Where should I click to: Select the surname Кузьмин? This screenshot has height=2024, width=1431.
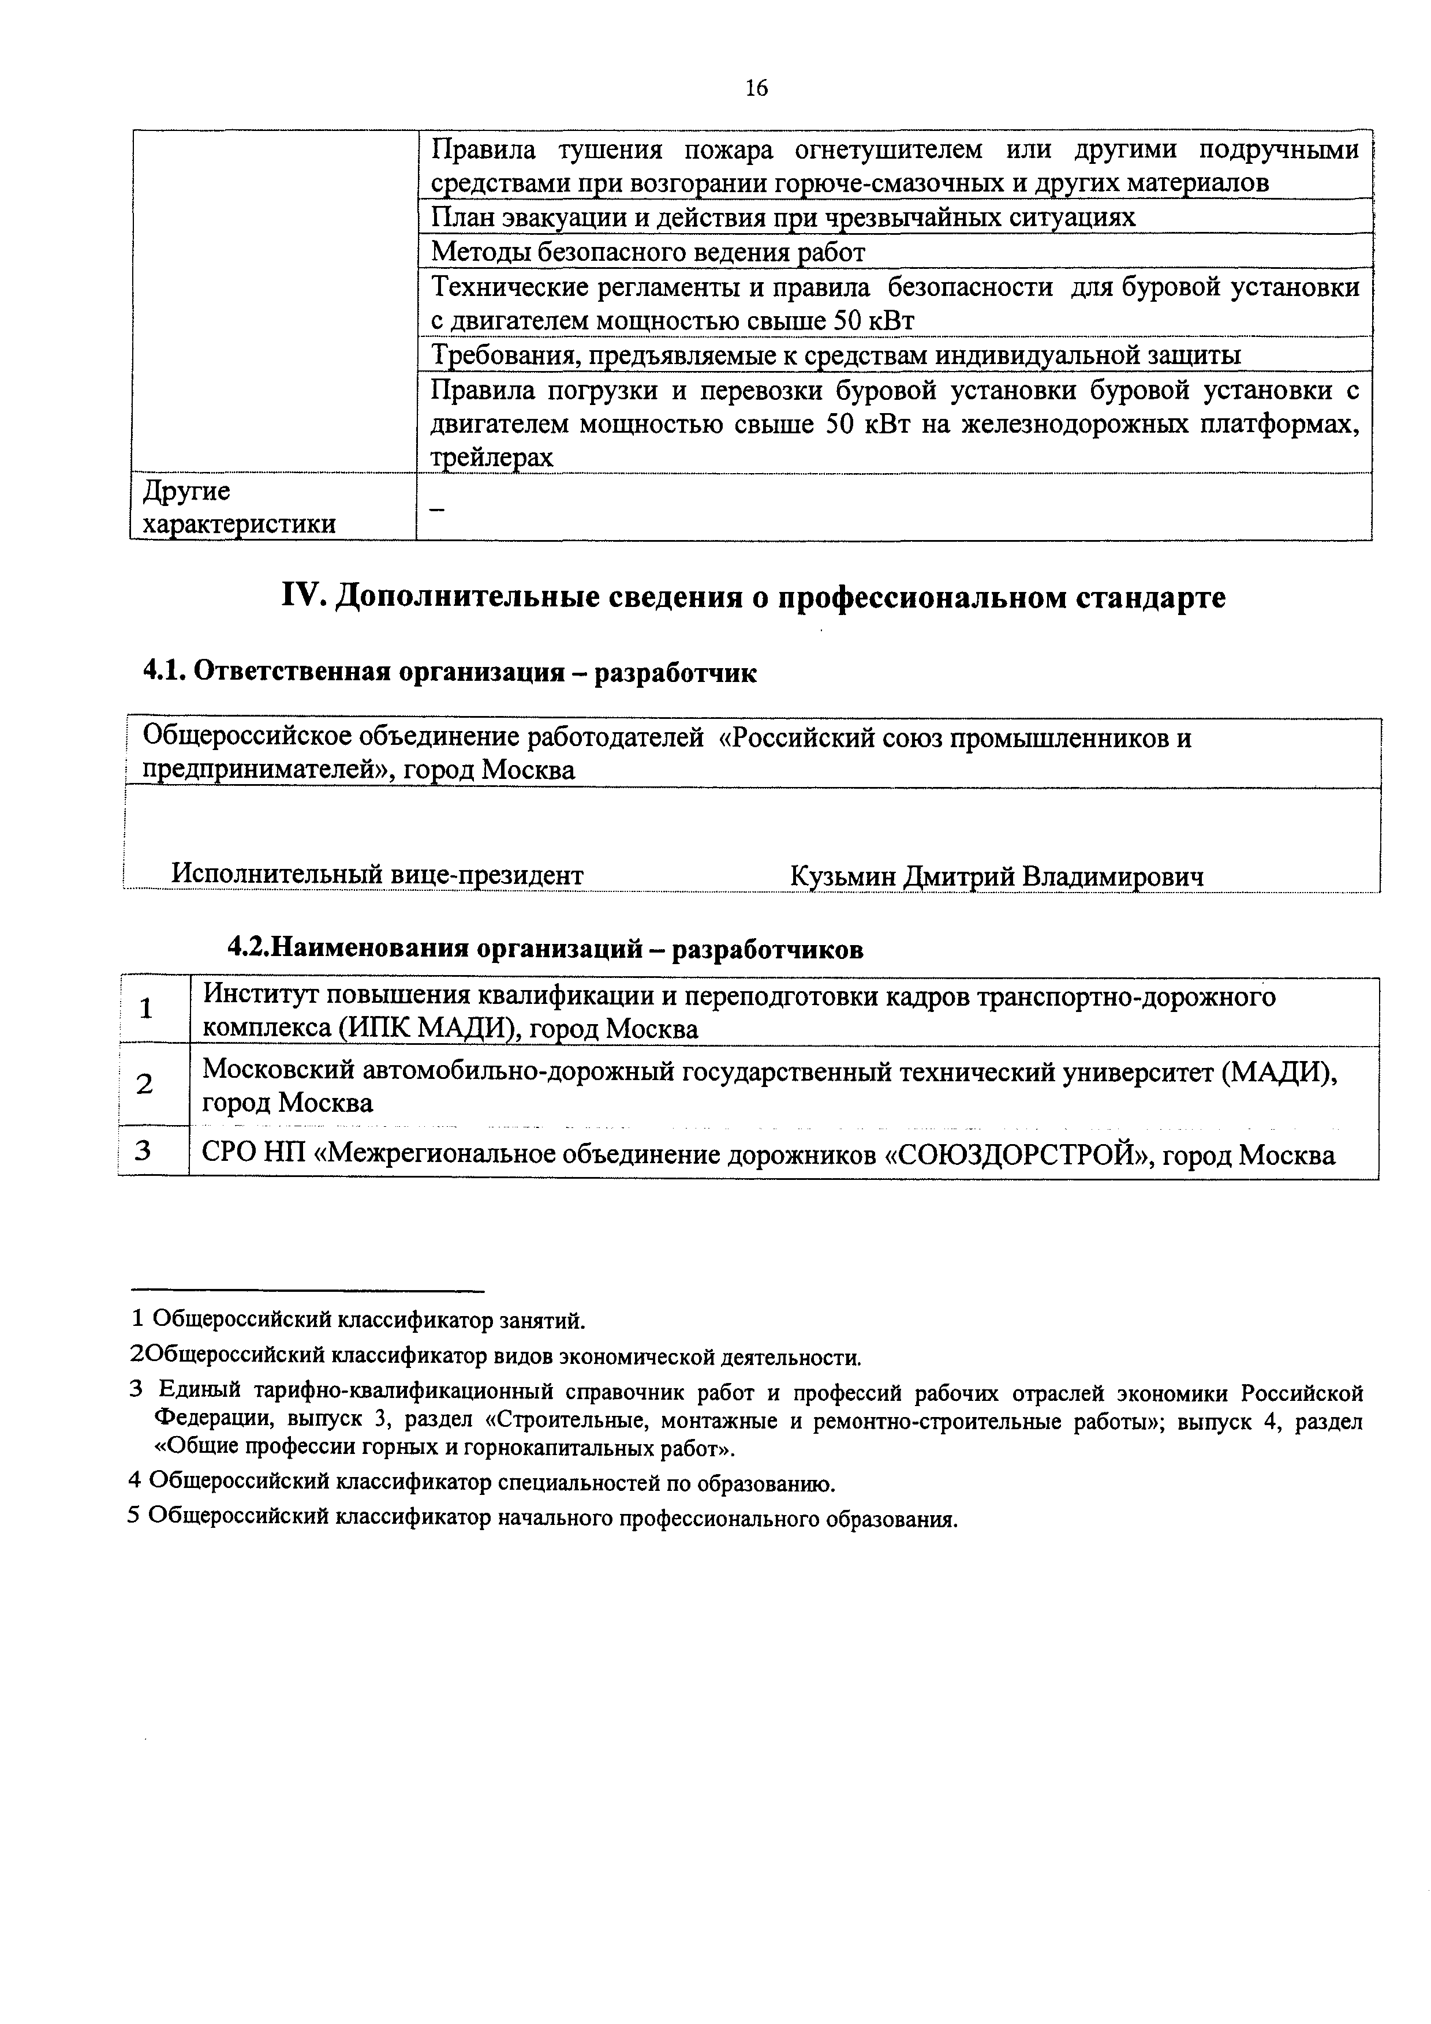tap(844, 876)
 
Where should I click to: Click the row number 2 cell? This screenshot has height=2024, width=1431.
tap(145, 1084)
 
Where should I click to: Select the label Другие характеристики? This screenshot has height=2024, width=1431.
tap(238, 508)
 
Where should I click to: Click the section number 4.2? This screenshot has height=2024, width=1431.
tap(247, 949)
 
